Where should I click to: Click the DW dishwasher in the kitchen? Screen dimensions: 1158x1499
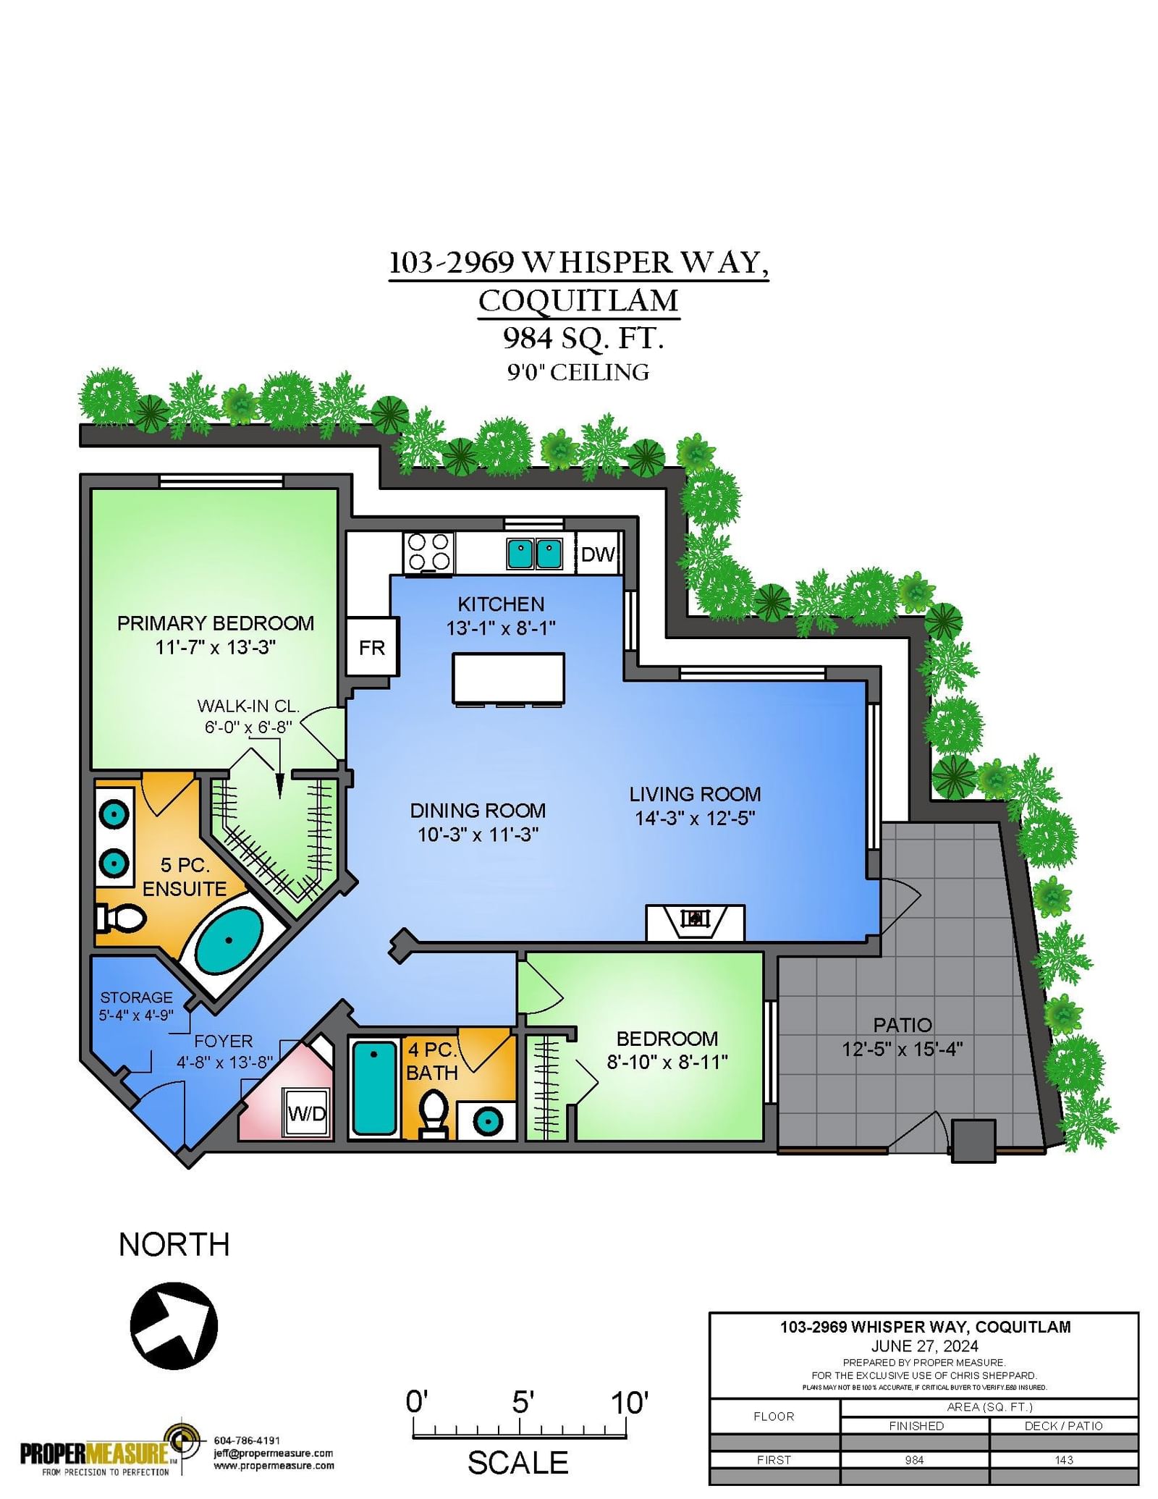tap(599, 554)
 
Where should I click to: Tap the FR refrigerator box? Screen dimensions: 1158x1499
tap(372, 647)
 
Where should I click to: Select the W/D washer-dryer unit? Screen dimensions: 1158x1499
tap(307, 1113)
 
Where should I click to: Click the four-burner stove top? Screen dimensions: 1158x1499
tap(428, 553)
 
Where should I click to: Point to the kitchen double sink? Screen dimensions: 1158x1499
tap(535, 554)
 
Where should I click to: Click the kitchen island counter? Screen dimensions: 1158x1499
tap(508, 678)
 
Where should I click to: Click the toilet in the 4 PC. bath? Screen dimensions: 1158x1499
tap(434, 1115)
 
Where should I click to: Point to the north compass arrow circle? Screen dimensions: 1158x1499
tap(174, 1326)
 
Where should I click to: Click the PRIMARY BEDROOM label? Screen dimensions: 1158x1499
tap(216, 623)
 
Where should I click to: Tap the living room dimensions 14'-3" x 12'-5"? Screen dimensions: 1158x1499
tap(695, 818)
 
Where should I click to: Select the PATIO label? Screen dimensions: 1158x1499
tap(903, 1025)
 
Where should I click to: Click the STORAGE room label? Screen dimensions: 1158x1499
tap(137, 997)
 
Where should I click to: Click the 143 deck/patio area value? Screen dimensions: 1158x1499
tap(1064, 1460)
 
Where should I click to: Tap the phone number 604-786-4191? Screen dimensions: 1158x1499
tap(247, 1440)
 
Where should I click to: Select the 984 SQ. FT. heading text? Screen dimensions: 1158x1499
tap(583, 338)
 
